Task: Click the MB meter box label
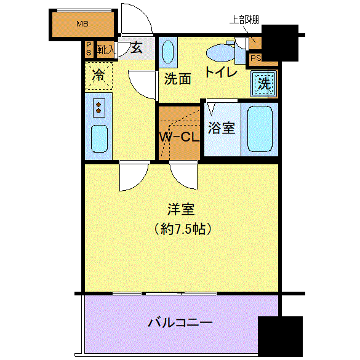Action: (x=82, y=24)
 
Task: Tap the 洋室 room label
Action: (x=181, y=209)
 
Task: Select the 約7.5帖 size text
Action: (x=183, y=229)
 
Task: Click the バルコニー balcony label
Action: (x=180, y=322)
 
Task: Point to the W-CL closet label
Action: (x=179, y=137)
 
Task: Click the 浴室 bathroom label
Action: (x=222, y=127)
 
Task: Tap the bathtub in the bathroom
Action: (x=260, y=129)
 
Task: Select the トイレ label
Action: (x=221, y=72)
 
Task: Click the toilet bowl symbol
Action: (x=220, y=53)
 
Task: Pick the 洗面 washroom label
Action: (x=178, y=79)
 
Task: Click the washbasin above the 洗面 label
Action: (x=168, y=52)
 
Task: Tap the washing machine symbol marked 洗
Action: (x=263, y=84)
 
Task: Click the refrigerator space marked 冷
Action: (x=99, y=76)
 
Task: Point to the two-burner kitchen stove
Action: (x=98, y=108)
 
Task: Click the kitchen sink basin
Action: (x=99, y=138)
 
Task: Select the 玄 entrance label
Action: (x=137, y=48)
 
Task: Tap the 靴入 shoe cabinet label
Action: (x=106, y=49)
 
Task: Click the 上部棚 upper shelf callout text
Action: (x=244, y=20)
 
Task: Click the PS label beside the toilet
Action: (x=256, y=58)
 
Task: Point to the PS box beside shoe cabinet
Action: (x=89, y=49)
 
